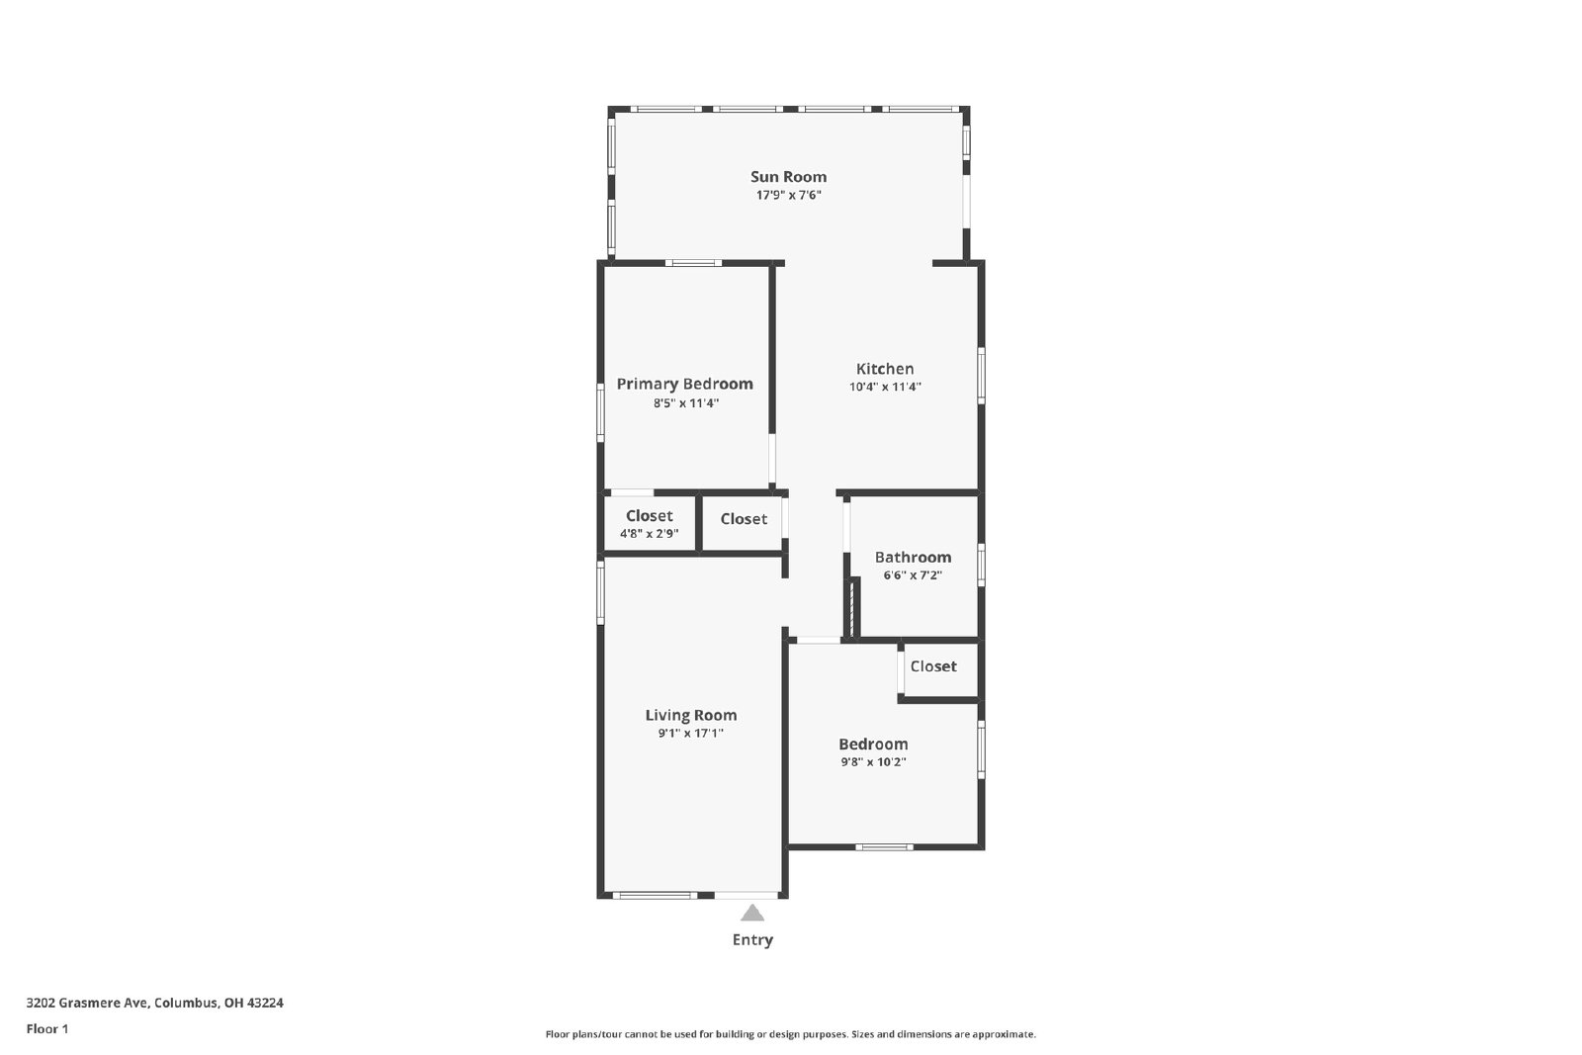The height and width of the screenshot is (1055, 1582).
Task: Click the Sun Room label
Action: point(788,177)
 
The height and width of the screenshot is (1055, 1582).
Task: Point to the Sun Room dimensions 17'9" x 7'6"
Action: point(788,195)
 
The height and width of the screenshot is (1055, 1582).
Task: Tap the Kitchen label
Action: point(885,369)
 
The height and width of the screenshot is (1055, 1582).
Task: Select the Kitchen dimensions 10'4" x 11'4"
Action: point(885,387)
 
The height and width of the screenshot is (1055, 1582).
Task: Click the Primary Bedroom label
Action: point(684,385)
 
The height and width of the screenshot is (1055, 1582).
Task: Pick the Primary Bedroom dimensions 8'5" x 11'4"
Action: point(685,403)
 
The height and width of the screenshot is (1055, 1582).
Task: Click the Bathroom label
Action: point(913,557)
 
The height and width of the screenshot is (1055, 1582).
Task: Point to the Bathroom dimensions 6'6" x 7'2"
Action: point(913,575)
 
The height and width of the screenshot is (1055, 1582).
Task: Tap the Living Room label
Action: point(691,715)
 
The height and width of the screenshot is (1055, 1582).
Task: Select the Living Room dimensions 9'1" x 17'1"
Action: point(691,734)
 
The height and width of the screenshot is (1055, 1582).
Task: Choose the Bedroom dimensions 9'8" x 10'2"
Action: point(873,762)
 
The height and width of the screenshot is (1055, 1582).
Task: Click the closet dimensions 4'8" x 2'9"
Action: point(649,534)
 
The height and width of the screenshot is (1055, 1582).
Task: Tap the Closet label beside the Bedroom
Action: point(933,666)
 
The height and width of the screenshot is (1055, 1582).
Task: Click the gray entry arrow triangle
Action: point(752,914)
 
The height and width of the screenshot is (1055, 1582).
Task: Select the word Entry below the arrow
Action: point(752,940)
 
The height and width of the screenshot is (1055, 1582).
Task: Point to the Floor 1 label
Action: point(47,1029)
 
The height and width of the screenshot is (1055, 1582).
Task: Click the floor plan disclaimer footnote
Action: point(790,1034)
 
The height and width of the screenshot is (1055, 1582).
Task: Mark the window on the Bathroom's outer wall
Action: point(981,565)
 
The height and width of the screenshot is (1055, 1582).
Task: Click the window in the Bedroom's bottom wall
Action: point(884,846)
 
